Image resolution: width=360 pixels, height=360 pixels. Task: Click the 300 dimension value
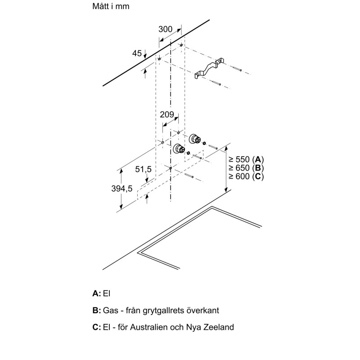tap(166, 29)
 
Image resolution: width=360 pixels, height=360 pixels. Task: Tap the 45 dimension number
tap(137, 54)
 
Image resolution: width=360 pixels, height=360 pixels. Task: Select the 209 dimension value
tap(167, 115)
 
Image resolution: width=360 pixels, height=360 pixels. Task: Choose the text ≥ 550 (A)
tap(245, 159)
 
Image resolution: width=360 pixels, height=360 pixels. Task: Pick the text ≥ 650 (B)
tap(245, 168)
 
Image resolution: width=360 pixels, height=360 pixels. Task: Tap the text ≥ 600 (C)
tap(245, 176)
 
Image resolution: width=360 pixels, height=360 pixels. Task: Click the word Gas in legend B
tap(110, 311)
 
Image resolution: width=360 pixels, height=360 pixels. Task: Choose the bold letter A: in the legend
tap(96, 293)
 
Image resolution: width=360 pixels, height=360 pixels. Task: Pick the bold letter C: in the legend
tap(96, 327)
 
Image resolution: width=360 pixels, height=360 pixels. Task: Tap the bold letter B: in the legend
tap(96, 311)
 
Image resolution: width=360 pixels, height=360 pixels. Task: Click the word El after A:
tap(107, 293)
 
